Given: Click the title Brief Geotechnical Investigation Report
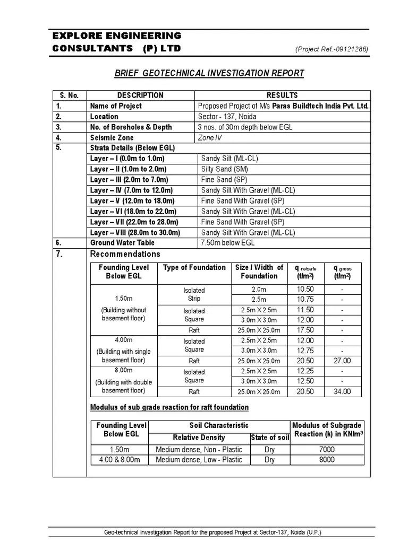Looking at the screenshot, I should [209, 73].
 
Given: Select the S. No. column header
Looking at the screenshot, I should [69, 95].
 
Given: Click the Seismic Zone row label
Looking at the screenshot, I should [112, 137].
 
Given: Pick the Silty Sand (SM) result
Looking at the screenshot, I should [225, 169].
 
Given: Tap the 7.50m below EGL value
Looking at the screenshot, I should [228, 243].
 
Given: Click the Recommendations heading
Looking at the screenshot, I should [125, 254].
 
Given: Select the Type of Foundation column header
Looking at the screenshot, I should [194, 268].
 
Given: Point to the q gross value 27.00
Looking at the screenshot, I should [342, 361].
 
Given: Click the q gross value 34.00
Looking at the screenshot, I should [342, 392].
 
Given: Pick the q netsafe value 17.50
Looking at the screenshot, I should [305, 330].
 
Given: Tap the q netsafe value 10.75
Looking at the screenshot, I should [305, 299].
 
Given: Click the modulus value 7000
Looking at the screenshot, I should [327, 450].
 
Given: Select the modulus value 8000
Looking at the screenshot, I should [327, 460].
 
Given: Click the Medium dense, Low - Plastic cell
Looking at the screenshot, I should [199, 460].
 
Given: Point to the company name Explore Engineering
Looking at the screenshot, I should [117, 36].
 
